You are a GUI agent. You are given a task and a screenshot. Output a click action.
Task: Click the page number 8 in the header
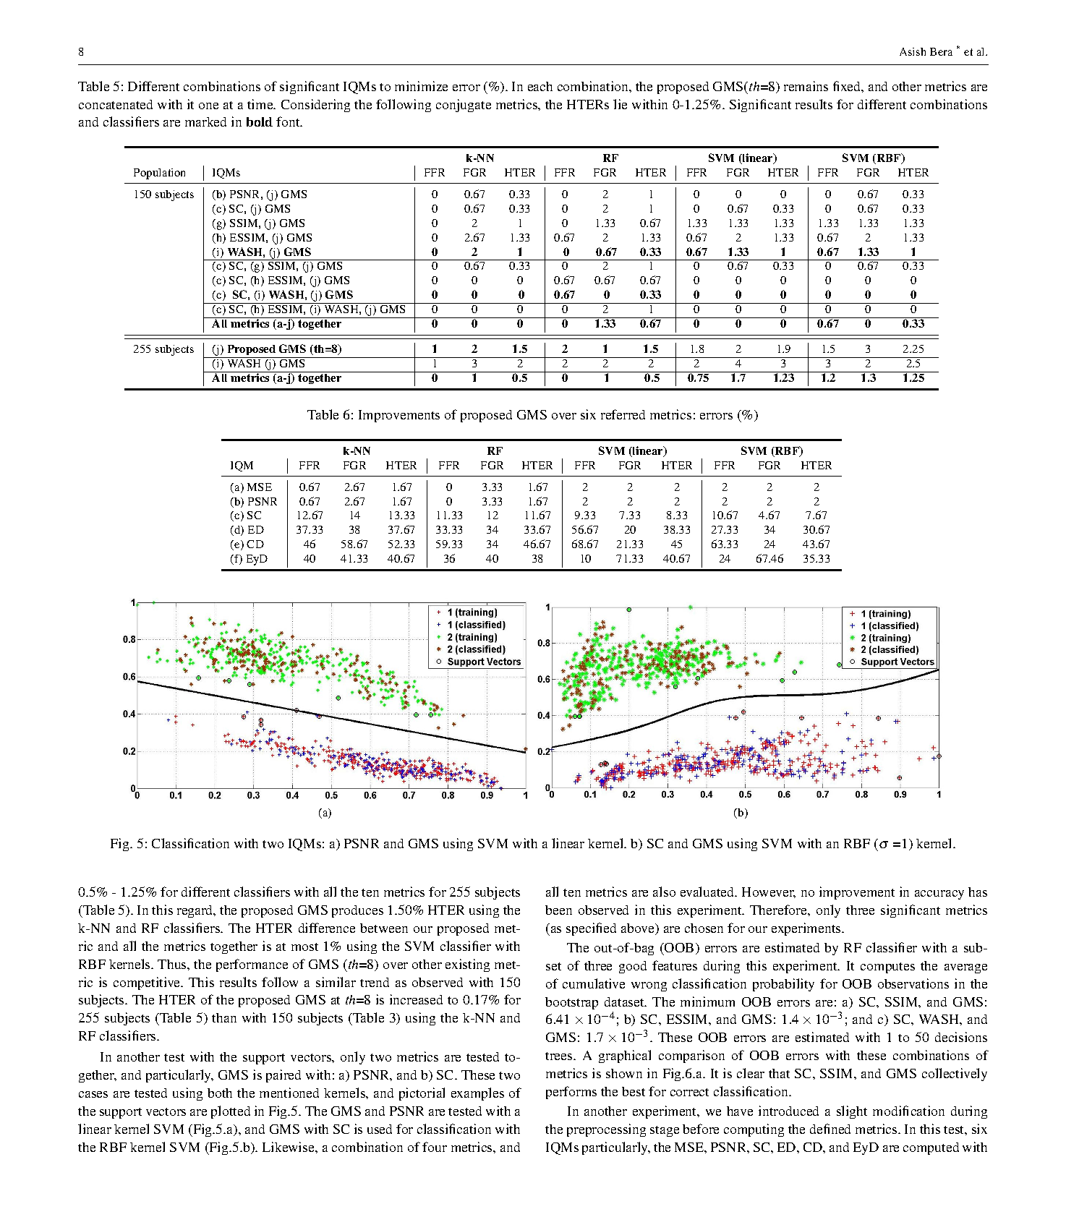pyautogui.click(x=81, y=51)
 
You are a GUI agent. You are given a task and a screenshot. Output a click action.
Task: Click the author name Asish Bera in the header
pyautogui.click(x=926, y=51)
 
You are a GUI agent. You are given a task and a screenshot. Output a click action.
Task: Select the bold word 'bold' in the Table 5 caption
pyautogui.click(x=258, y=122)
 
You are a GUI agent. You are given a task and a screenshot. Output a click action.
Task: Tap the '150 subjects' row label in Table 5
pyautogui.click(x=163, y=195)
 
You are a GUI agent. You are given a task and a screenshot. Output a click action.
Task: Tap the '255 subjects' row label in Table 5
pyautogui.click(x=163, y=349)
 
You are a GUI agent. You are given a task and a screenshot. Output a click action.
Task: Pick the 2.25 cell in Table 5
pyautogui.click(x=913, y=349)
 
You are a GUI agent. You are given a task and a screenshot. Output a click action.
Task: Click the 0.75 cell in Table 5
pyautogui.click(x=697, y=378)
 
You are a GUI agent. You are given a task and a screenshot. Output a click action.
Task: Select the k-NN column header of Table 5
pyautogui.click(x=479, y=158)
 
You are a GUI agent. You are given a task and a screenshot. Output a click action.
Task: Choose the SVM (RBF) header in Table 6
pyautogui.click(x=771, y=451)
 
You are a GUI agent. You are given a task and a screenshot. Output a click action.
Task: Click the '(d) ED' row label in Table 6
pyautogui.click(x=247, y=530)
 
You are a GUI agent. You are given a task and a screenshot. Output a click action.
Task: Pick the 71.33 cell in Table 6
pyautogui.click(x=629, y=559)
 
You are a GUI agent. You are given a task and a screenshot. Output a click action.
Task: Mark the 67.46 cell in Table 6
pyautogui.click(x=769, y=559)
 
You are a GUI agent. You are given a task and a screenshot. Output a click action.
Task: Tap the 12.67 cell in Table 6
pyautogui.click(x=309, y=516)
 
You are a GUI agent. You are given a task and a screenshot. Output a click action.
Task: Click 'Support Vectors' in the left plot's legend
pyautogui.click(x=484, y=662)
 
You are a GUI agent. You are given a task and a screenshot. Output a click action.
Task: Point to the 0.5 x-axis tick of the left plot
pyautogui.click(x=331, y=795)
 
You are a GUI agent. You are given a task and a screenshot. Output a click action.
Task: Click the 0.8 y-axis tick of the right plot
pyautogui.click(x=544, y=643)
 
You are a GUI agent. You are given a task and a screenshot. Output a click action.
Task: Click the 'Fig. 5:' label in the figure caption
pyautogui.click(x=128, y=844)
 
